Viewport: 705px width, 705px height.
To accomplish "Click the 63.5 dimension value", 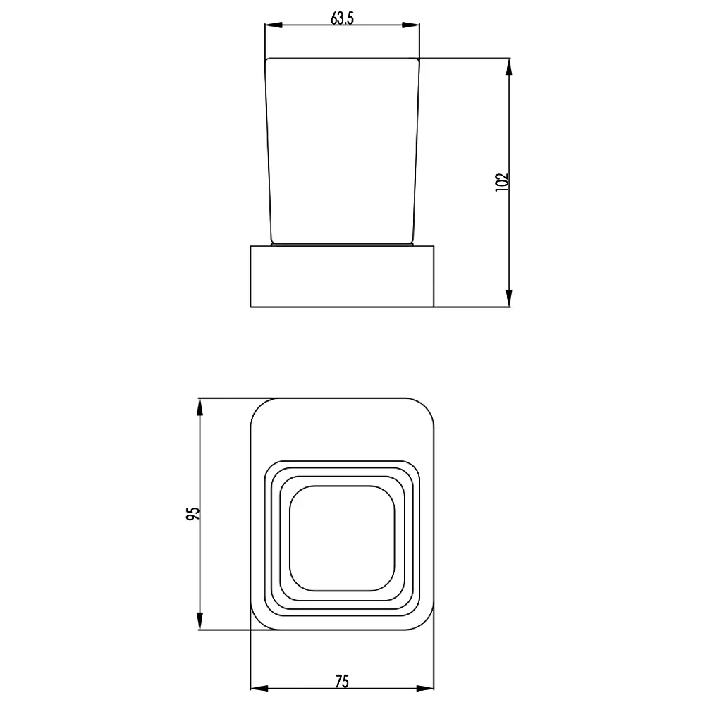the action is [342, 18].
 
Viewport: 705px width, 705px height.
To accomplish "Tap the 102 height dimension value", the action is [501, 183].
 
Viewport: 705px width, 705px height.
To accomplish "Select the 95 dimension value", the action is [192, 513].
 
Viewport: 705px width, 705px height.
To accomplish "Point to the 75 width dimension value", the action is [342, 682].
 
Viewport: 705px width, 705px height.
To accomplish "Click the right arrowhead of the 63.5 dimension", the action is [411, 25].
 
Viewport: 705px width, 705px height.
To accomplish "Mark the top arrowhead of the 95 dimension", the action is [200, 407].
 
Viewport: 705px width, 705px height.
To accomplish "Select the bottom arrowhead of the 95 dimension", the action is [200, 621].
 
